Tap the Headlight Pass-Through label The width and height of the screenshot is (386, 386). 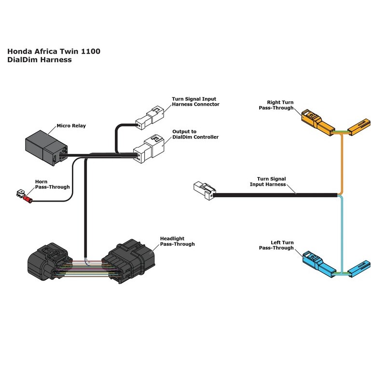[177, 241]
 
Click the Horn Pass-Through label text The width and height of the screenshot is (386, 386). [52, 184]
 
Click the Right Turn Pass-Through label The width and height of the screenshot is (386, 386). [280, 105]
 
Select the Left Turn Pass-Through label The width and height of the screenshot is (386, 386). [276, 245]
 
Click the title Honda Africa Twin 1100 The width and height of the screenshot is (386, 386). [54, 52]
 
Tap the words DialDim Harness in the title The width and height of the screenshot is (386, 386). [40, 60]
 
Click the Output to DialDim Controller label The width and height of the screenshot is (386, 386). [195, 134]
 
